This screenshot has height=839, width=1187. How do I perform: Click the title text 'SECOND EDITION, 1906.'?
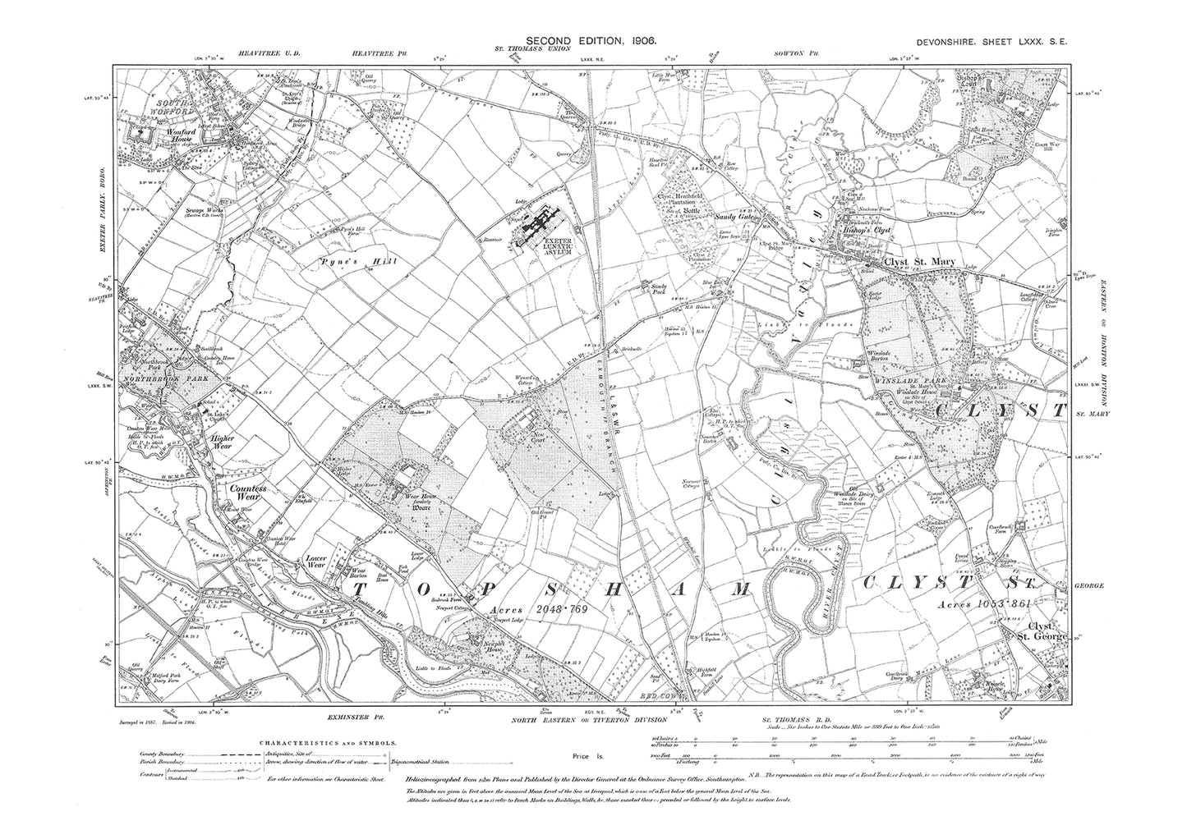point(590,39)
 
